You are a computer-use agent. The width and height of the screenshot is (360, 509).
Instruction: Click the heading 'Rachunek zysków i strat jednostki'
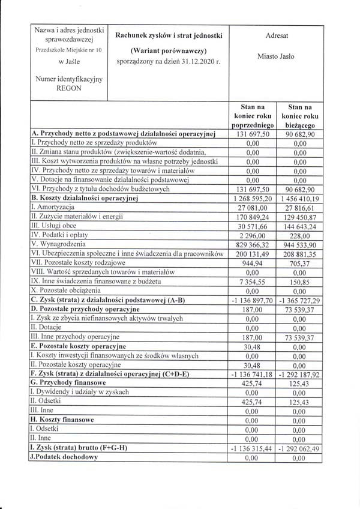pyautogui.click(x=169, y=36)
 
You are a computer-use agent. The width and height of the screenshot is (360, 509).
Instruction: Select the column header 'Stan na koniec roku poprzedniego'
pyautogui.click(x=252, y=115)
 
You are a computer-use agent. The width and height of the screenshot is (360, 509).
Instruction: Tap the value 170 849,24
pyautogui.click(x=252, y=216)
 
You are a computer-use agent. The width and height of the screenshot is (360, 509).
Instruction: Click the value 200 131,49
pyautogui.click(x=252, y=254)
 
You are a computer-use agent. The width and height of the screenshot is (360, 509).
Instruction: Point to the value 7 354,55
pyautogui.click(x=252, y=282)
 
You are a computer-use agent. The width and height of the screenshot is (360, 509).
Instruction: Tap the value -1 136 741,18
pyautogui.click(x=252, y=373)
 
